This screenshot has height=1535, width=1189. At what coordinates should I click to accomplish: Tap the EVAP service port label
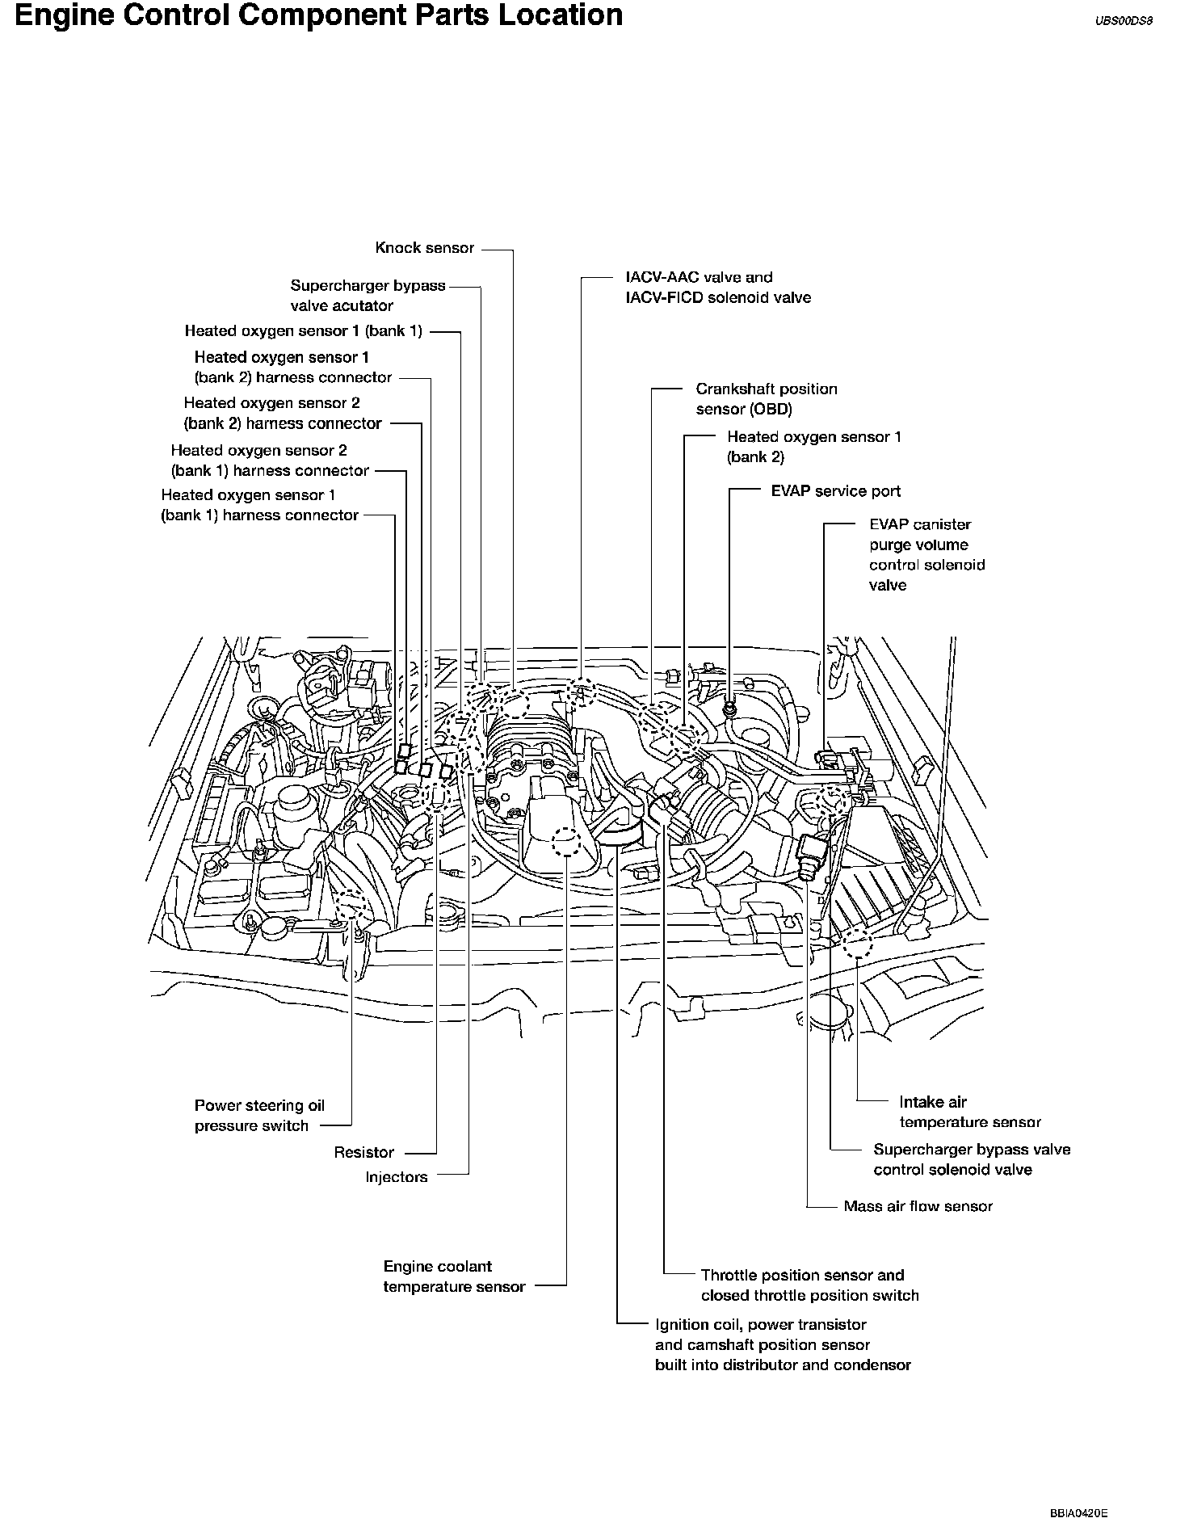tap(835, 491)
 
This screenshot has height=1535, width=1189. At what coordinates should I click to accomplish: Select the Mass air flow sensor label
tap(918, 1206)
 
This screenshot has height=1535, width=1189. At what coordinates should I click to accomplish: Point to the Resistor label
tap(363, 1152)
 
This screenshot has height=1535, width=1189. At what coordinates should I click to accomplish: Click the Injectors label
tap(396, 1177)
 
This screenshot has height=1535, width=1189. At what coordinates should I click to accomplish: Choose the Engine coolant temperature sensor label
tap(454, 1276)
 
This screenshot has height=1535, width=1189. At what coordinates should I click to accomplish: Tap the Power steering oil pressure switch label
tap(259, 1116)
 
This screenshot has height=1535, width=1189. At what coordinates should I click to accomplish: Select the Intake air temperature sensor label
tap(969, 1112)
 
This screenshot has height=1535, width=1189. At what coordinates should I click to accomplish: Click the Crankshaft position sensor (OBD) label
tap(766, 399)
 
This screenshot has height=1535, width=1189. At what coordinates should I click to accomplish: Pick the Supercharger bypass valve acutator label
tap(368, 296)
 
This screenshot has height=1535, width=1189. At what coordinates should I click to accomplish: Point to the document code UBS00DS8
tap(1123, 23)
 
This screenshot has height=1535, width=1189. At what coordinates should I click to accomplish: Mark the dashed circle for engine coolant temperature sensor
tap(565, 843)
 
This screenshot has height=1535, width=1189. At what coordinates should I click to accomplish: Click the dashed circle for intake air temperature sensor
tap(855, 942)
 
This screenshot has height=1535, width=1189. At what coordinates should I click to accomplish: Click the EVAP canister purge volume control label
tap(926, 554)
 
